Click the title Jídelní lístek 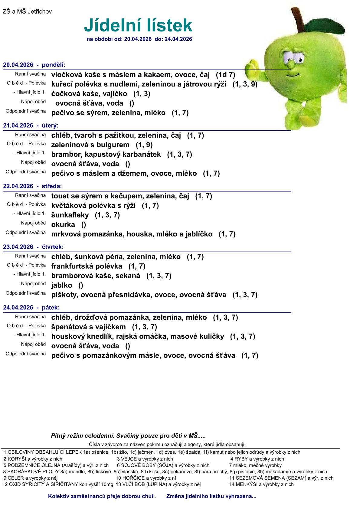tap(138, 25)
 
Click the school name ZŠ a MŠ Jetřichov tap(27, 11)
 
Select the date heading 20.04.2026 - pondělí tap(34, 65)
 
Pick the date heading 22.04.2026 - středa tap(32, 186)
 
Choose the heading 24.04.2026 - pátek tap(31, 307)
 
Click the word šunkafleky tap(70, 215)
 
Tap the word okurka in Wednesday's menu tap(63, 224)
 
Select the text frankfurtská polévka tap(87, 266)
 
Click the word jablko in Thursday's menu tap(62, 285)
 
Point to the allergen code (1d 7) tap(225, 75)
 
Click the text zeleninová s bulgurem tap(90, 145)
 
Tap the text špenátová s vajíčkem tap(89, 327)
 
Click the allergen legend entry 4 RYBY tap(257, 459)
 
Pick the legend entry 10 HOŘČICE tap(146, 478)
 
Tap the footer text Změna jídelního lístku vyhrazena tap(211, 496)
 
